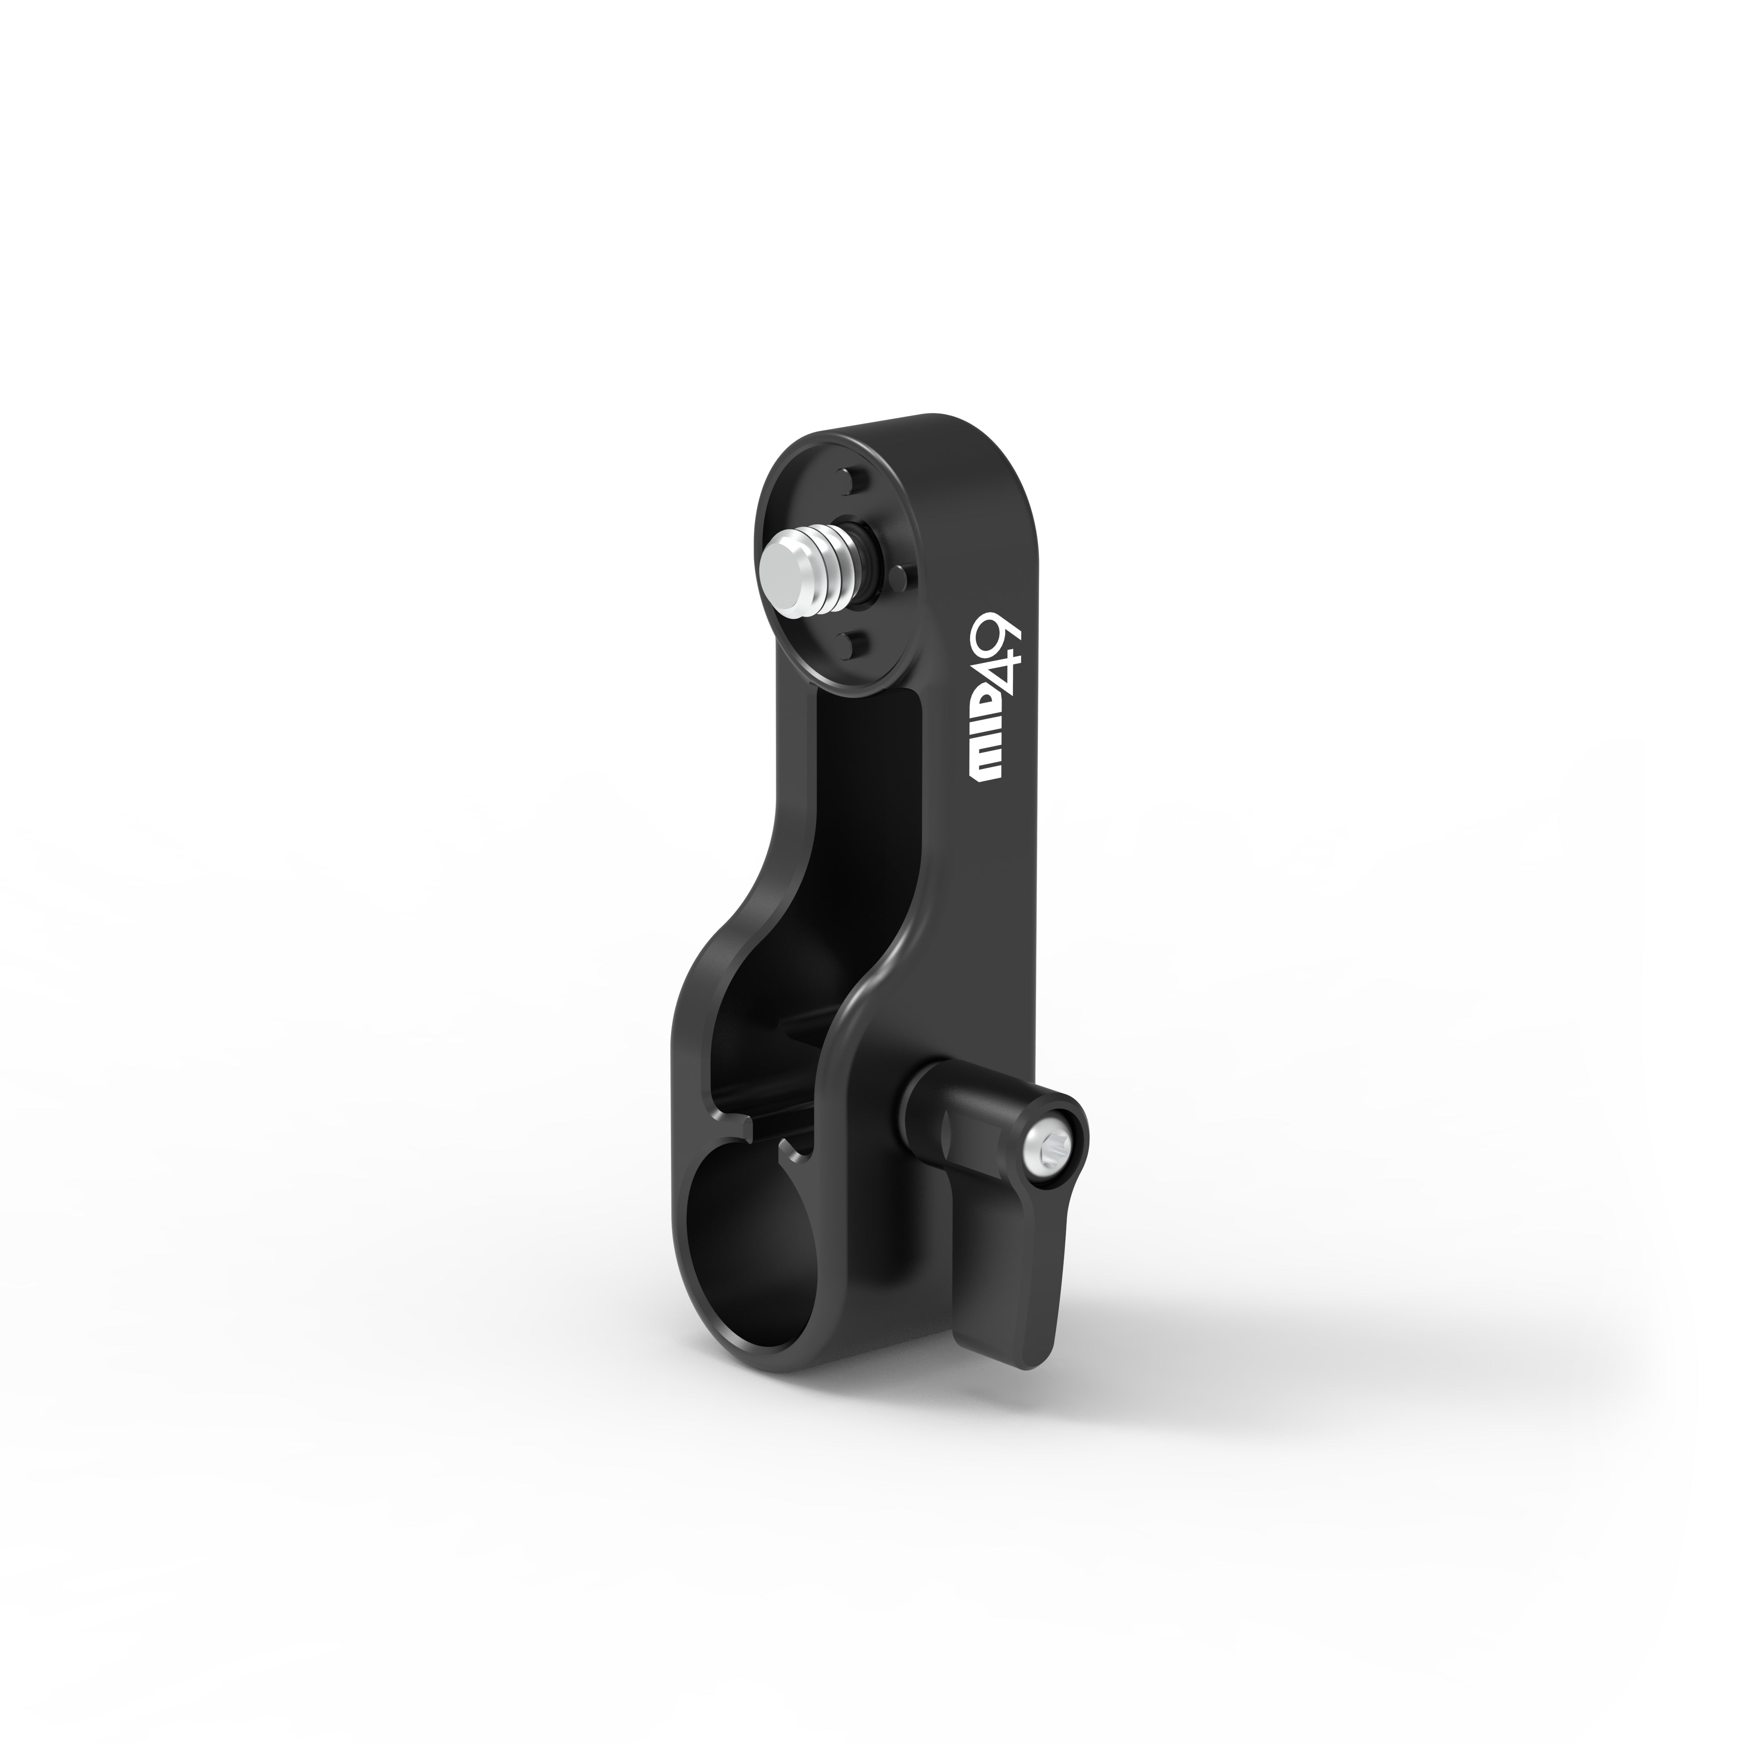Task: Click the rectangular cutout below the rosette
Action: [867, 795]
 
